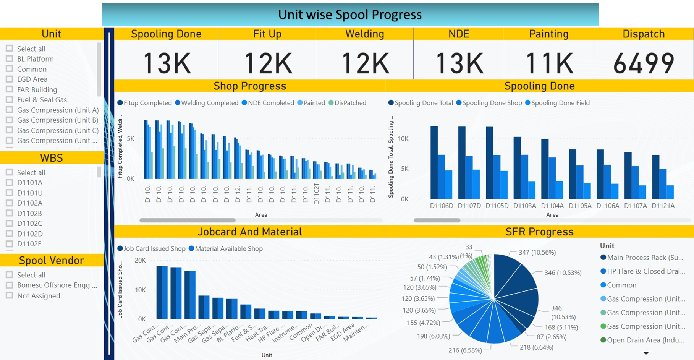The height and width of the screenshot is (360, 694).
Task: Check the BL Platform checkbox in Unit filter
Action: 10,59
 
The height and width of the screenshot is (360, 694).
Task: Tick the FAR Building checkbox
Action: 10,89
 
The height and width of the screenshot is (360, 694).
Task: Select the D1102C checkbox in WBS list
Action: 10,223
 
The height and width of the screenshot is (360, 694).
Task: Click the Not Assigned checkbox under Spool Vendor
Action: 10,295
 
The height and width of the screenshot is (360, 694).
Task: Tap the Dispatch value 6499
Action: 644,63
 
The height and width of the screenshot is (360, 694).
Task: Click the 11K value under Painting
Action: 549,63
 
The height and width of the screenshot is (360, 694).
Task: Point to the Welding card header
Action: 364,34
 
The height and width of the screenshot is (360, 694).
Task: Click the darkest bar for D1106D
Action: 434,162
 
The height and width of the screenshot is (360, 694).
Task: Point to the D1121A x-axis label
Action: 663,206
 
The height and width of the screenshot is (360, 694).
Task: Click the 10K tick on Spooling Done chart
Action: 403,139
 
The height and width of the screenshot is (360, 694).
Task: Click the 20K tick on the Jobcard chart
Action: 140,260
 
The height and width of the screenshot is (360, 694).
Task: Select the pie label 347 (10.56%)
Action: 537,252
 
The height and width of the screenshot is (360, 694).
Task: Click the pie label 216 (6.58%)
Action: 465,350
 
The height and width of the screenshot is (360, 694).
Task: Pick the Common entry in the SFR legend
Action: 621,285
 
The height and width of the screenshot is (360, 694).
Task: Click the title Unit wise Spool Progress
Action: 350,15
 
